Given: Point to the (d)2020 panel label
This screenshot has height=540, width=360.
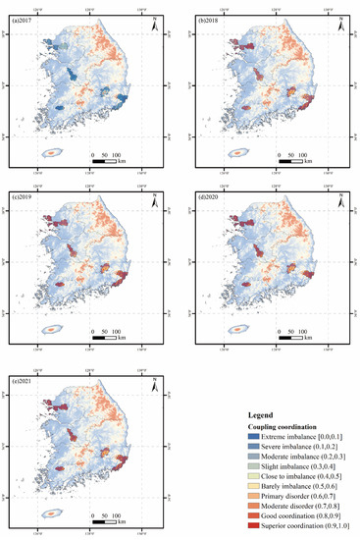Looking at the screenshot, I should click(210, 198).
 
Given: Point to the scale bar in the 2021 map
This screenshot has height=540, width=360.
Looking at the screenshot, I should click(104, 515).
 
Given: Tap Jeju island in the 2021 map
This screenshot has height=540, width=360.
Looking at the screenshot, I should click(49, 514).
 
